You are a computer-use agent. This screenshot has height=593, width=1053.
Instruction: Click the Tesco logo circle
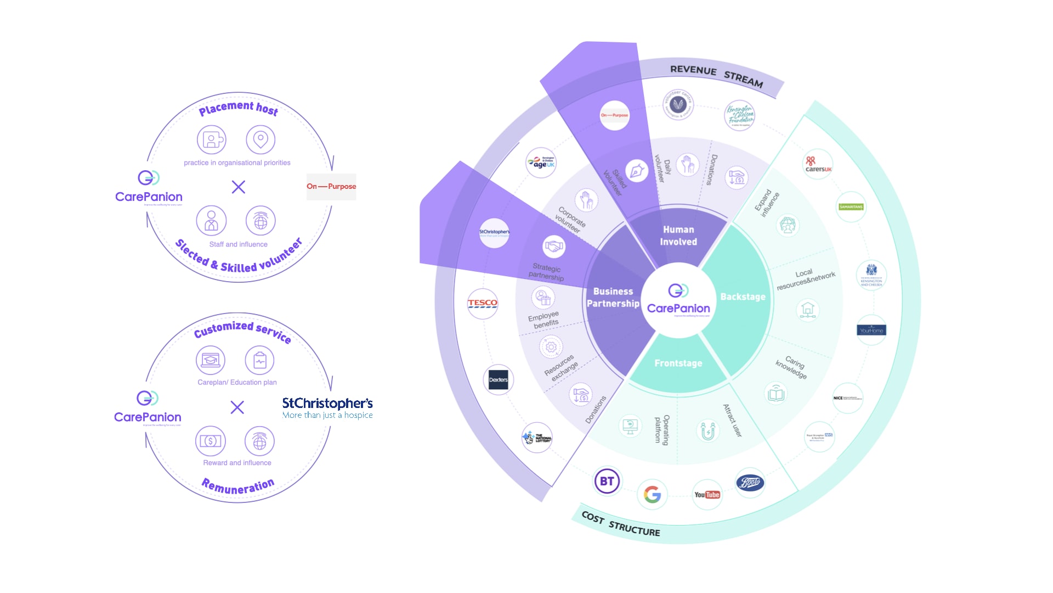tap(483, 303)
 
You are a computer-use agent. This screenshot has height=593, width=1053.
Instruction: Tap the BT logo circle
tap(607, 482)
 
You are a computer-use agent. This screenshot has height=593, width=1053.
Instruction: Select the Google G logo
tap(652, 495)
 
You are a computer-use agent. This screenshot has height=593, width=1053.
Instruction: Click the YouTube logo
tap(707, 495)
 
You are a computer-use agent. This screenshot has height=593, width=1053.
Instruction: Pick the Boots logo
tap(750, 483)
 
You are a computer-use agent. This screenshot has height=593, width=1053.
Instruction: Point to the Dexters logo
tap(499, 379)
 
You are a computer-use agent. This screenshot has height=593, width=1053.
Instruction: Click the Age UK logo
tap(541, 163)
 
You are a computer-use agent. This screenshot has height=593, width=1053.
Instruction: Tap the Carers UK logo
tap(818, 164)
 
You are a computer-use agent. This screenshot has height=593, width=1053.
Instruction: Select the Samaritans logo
tap(851, 207)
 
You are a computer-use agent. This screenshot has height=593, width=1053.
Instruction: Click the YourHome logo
tap(871, 330)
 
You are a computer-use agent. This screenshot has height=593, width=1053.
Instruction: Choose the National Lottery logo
tap(537, 438)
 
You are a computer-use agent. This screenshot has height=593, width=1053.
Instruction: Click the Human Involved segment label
tap(678, 236)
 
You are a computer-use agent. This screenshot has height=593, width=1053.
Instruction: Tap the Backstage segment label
tap(743, 297)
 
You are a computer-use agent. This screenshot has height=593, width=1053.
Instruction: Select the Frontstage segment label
tap(678, 363)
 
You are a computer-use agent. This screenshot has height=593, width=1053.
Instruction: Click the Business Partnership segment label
tap(613, 297)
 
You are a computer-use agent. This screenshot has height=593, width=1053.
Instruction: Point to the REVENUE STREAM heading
tap(716, 76)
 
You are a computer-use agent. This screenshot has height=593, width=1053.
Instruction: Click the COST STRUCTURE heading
tap(621, 524)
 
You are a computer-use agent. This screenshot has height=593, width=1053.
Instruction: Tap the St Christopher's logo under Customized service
tap(327, 408)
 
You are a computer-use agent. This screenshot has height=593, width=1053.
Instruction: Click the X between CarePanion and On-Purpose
tap(239, 187)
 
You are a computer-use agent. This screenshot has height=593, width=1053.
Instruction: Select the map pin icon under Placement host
tap(261, 139)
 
